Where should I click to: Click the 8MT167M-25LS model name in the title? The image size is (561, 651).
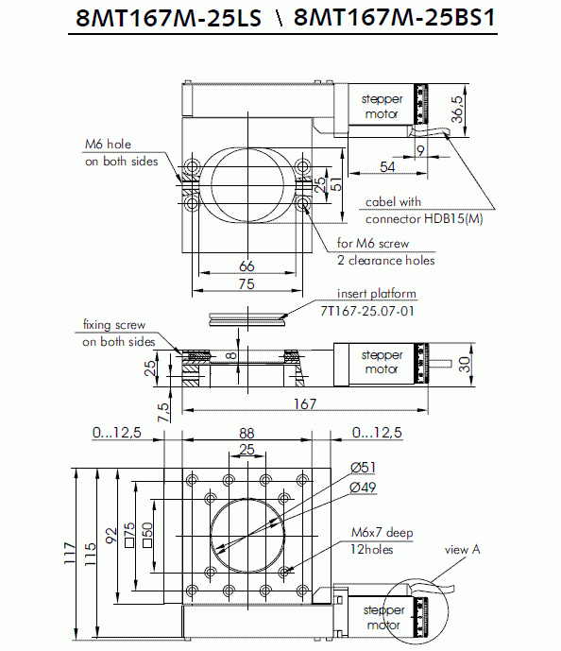168,18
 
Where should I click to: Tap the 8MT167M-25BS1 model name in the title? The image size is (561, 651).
395,18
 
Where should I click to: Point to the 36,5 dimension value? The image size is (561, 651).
457,110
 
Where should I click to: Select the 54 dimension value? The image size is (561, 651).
387,166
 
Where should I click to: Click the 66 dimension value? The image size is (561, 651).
246,266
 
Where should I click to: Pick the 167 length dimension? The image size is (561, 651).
305,403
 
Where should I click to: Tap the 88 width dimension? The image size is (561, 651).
246,433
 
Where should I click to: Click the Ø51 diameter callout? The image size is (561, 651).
363,468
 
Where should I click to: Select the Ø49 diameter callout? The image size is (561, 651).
363,487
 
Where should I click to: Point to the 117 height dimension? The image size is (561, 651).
69,553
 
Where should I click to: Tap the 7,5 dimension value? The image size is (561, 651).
163,412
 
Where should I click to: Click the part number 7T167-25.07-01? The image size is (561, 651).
367,311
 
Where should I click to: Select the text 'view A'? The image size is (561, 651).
462,550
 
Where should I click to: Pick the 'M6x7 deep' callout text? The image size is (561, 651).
382,532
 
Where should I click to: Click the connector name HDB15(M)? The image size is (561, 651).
453,219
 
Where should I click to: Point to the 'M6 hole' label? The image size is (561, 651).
108,144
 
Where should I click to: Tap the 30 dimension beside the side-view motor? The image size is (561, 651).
465,364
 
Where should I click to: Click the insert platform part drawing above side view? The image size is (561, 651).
247,320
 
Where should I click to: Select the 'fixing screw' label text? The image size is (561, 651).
114,324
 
